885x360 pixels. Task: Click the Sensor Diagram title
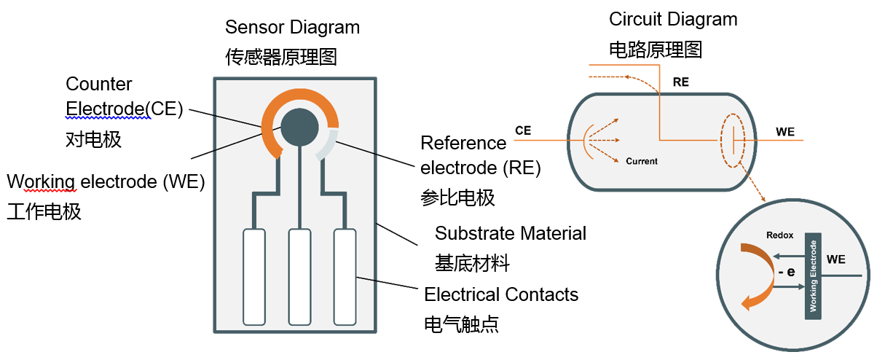tap(292, 28)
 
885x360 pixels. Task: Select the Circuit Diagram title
tap(673, 19)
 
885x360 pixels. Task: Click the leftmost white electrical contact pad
tap(253, 276)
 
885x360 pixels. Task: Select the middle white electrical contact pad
tap(299, 276)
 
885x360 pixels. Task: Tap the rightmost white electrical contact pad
tap(345, 276)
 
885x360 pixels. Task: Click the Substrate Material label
tap(510, 233)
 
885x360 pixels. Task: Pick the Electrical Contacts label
tap(501, 294)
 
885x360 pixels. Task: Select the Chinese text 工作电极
tap(44, 212)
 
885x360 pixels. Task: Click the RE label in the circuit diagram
tap(680, 82)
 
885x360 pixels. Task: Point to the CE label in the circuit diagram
tap(522, 131)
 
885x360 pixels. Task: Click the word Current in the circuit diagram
tap(641, 161)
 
